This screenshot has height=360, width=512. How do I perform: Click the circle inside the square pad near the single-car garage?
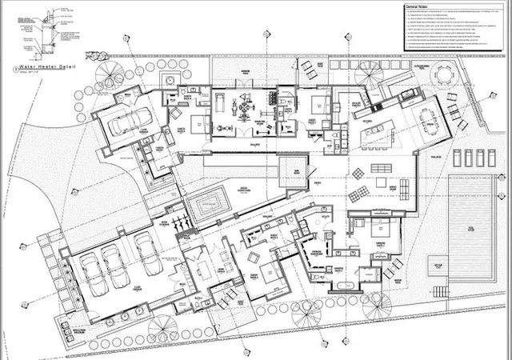pos(170,81)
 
